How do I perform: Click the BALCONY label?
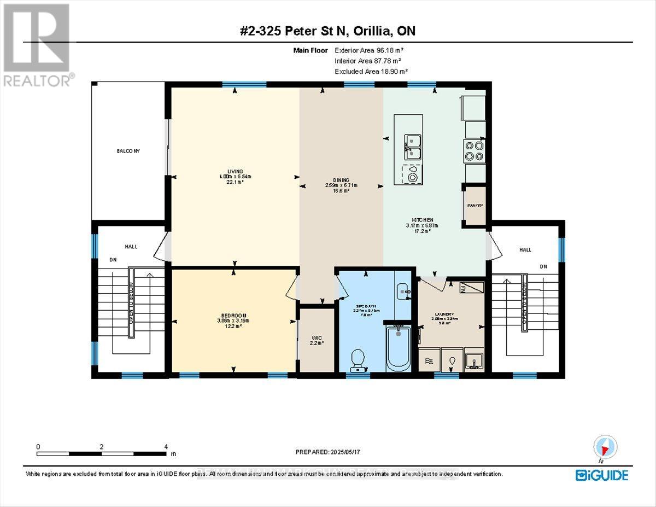click(x=128, y=151)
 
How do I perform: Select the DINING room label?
click(x=341, y=180)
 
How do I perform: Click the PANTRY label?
click(x=474, y=206)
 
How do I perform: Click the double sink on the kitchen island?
click(x=413, y=147)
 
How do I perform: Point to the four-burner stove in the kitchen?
click(x=474, y=151)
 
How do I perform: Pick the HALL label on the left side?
click(x=131, y=247)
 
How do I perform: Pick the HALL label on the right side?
click(x=525, y=249)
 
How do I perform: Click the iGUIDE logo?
click(x=601, y=475)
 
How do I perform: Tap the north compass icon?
click(x=605, y=447)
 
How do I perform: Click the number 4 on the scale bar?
click(x=166, y=447)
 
